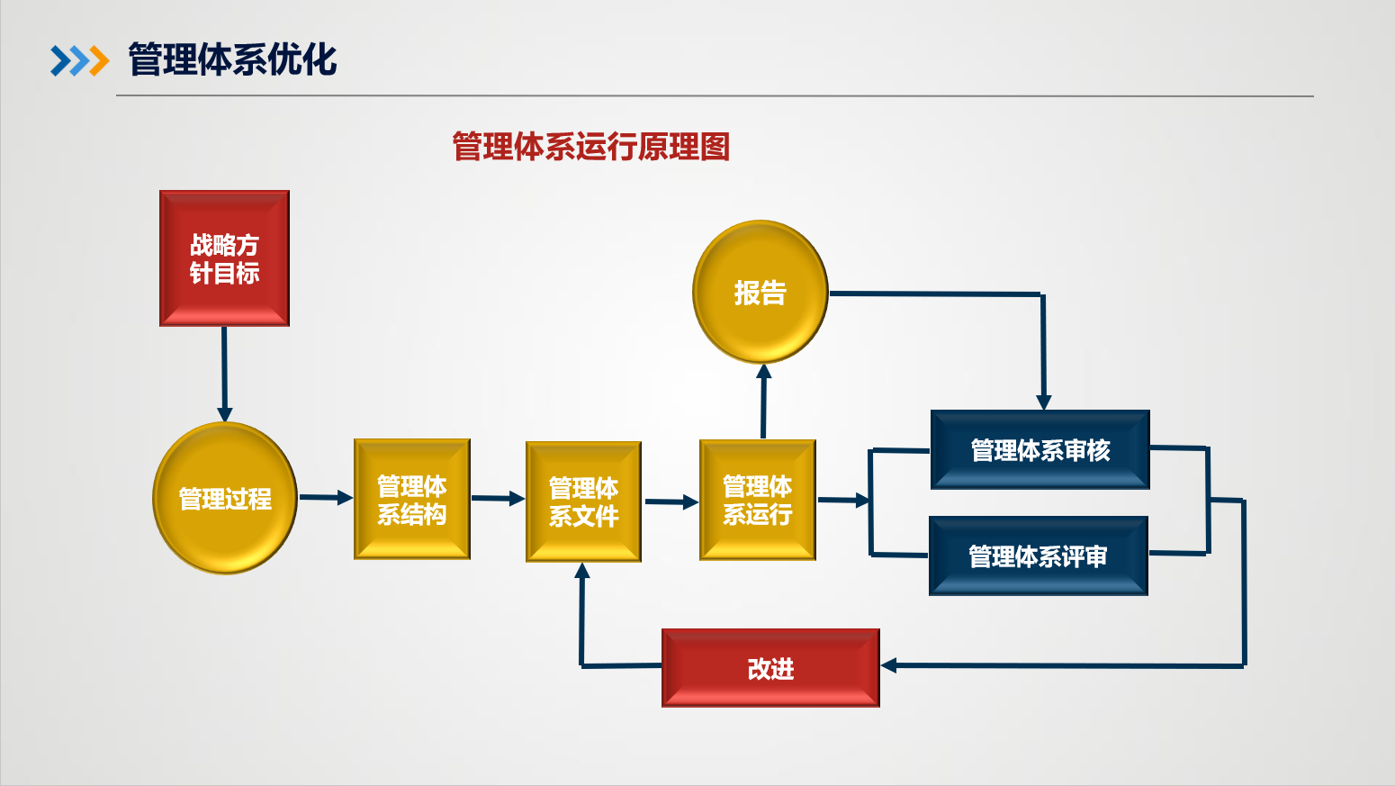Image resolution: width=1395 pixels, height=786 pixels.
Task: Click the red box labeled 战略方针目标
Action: (x=224, y=258)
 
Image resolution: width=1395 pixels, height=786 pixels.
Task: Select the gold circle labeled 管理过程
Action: (x=225, y=498)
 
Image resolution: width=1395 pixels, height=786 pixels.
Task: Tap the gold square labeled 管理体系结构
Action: (x=412, y=500)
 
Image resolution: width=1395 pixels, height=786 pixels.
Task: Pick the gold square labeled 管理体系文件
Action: (x=583, y=501)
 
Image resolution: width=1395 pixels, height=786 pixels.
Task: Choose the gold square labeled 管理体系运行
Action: (x=758, y=500)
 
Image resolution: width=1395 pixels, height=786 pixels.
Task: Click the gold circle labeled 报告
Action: (x=760, y=292)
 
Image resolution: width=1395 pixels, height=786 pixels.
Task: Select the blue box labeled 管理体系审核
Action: (x=1040, y=449)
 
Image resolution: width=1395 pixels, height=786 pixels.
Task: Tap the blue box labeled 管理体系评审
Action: (x=1039, y=556)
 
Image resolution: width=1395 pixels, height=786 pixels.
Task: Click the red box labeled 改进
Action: (x=770, y=668)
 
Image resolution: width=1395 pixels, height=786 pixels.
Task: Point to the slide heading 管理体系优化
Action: (x=232, y=60)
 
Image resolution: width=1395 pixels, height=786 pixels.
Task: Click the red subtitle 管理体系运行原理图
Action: (x=590, y=146)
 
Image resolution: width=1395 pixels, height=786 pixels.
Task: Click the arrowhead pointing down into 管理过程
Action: (x=225, y=414)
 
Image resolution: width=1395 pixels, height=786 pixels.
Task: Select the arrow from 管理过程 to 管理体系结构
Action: (x=325, y=497)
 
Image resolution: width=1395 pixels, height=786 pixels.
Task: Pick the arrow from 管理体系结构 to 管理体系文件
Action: (x=498, y=498)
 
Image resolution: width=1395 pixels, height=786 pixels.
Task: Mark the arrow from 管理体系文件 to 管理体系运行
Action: (x=671, y=501)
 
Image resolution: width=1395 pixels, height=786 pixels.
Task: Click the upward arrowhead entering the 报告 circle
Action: (x=764, y=372)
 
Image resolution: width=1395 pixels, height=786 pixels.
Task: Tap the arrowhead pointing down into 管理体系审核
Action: (x=1044, y=402)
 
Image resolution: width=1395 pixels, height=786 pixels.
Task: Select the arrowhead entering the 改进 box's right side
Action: (x=889, y=665)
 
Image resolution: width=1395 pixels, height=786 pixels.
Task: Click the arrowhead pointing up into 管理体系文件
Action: (x=582, y=571)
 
